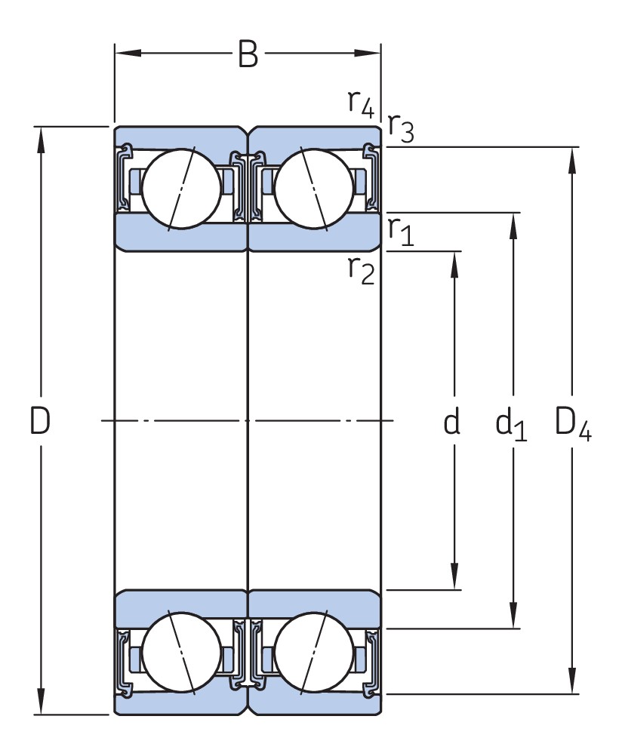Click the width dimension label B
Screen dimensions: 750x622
point(248,54)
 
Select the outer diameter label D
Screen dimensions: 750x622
point(40,421)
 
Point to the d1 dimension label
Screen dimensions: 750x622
point(510,425)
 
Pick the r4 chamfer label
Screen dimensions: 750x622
point(361,102)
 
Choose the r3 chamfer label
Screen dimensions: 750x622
point(400,128)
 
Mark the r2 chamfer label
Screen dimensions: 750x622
point(361,269)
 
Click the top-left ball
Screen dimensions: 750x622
point(182,186)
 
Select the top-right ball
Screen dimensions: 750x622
point(313,186)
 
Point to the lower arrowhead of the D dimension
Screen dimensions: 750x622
point(41,702)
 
